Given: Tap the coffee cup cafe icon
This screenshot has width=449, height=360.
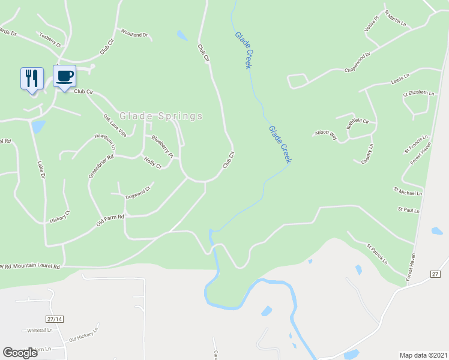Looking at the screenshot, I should tap(65, 76).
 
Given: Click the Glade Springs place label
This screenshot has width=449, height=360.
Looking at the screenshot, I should tap(161, 116).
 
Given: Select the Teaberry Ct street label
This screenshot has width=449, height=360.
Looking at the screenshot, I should tap(50, 40).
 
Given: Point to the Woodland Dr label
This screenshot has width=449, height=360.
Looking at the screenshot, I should tap(134, 34).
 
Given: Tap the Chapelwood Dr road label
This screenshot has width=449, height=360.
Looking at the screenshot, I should tap(358, 63).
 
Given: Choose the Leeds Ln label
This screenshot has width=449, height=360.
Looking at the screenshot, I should tap(400, 80).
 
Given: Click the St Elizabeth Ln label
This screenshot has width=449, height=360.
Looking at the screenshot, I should tap(418, 93).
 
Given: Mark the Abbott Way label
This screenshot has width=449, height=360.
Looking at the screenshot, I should tap(326, 135).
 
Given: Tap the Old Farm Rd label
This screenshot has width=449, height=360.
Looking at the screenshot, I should tap(110, 220).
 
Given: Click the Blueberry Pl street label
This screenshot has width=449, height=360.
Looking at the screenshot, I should tap(162, 147).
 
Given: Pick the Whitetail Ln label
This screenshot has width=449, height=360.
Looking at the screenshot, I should tap(40, 331).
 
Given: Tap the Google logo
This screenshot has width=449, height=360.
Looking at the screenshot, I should tap(20, 353).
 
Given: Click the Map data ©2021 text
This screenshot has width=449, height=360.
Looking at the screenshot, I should tap(424, 355).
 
